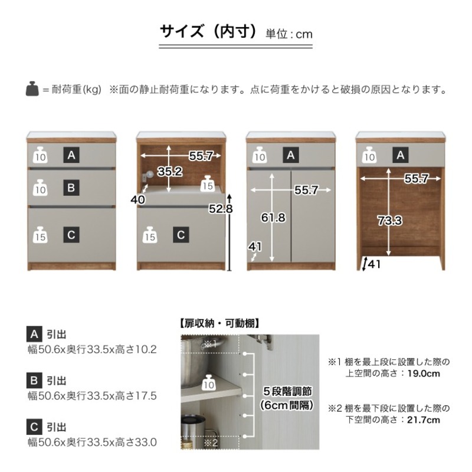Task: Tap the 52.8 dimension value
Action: (219, 208)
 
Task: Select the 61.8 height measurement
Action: (273, 218)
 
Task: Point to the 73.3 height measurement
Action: (390, 221)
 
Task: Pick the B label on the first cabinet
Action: (71, 188)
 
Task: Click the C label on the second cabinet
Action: (181, 235)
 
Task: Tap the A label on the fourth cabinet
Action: (401, 155)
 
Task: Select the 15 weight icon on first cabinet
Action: (40, 234)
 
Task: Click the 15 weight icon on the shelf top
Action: (207, 183)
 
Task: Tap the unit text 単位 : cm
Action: (289, 34)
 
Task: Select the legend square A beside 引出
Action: (34, 335)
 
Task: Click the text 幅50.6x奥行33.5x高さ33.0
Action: (92, 441)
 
